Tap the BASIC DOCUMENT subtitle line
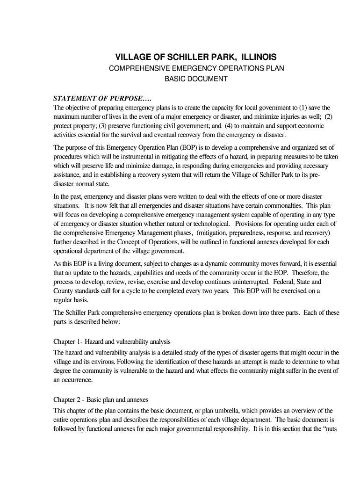pyautogui.click(x=196, y=79)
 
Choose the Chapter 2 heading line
pyautogui.click(x=101, y=400)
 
